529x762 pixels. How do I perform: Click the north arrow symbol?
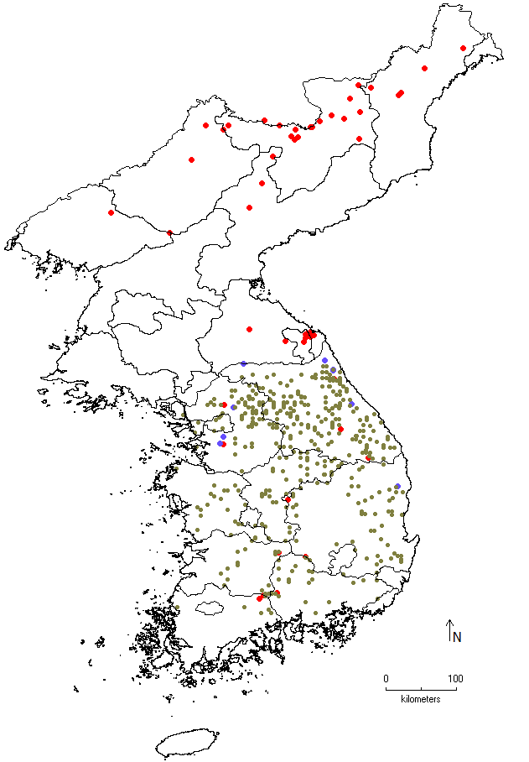pos(449,630)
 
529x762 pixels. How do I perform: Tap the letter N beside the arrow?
pos(457,638)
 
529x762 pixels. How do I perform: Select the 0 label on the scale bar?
pos(386,678)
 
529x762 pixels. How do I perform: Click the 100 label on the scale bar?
pos(454,678)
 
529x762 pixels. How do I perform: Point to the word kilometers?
pos(421,698)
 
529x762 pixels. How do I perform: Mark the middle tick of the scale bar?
pos(421,688)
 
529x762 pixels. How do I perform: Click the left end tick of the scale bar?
pos(386,688)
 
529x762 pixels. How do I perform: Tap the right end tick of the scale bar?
pos(455,688)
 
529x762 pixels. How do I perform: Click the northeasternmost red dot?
pos(464,48)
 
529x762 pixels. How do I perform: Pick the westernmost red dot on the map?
pos(111,212)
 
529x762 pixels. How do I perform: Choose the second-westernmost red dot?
pos(169,232)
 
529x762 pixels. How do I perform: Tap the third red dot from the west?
pos(192,159)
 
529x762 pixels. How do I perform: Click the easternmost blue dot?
pos(397,486)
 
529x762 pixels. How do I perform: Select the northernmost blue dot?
pos(324,360)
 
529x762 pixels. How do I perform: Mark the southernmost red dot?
pos(259,598)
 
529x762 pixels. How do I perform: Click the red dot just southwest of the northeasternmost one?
pos(425,68)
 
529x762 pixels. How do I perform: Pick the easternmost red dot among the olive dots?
pos(368,457)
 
